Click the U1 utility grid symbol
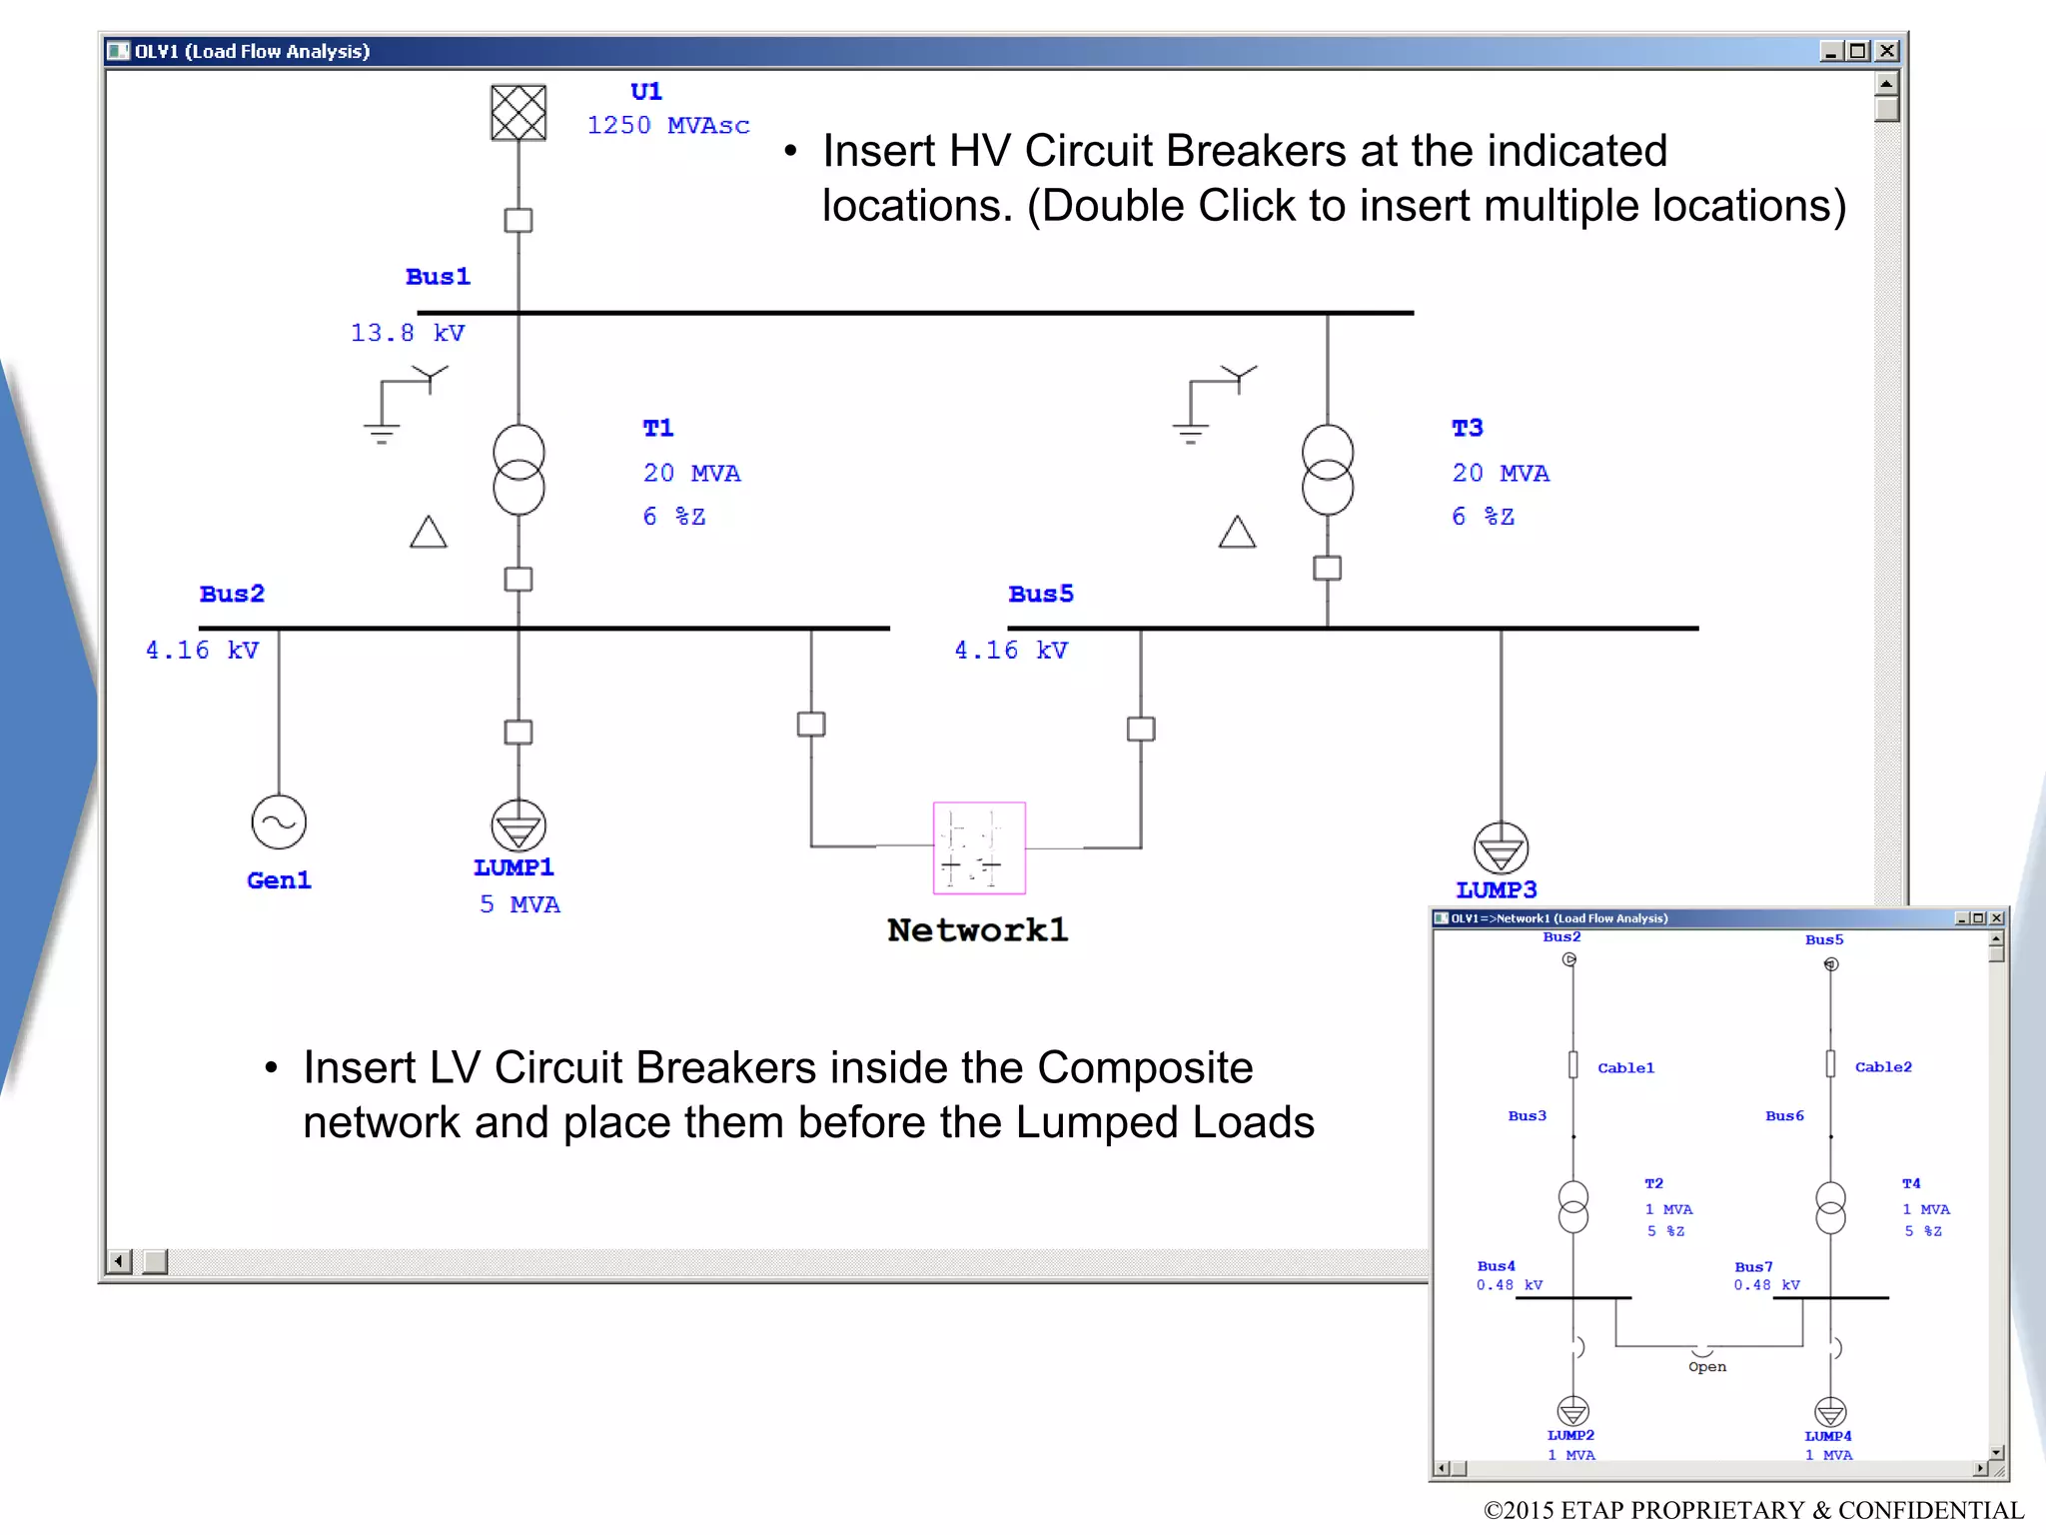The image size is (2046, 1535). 518,112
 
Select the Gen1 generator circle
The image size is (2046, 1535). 279,822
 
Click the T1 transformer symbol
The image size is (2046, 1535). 518,470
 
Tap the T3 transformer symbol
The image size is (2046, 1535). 1327,470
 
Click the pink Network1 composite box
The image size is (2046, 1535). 979,847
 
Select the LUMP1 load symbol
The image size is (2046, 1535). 518,826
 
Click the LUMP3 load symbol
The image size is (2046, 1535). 1501,848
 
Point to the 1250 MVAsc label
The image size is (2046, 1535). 667,126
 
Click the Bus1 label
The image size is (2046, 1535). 438,277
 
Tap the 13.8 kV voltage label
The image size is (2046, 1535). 408,333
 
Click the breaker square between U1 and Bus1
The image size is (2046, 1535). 518,220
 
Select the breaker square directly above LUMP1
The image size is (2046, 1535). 518,732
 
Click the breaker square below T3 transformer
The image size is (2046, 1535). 1327,568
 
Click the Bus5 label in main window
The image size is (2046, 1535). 1040,594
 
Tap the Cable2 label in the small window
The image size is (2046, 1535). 1882,1067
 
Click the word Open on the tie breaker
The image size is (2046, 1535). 1706,1367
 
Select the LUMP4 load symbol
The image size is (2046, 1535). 1829,1412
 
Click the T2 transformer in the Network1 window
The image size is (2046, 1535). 1572,1206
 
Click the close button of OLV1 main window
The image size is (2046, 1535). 1886,51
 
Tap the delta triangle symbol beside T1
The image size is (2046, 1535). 429,532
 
